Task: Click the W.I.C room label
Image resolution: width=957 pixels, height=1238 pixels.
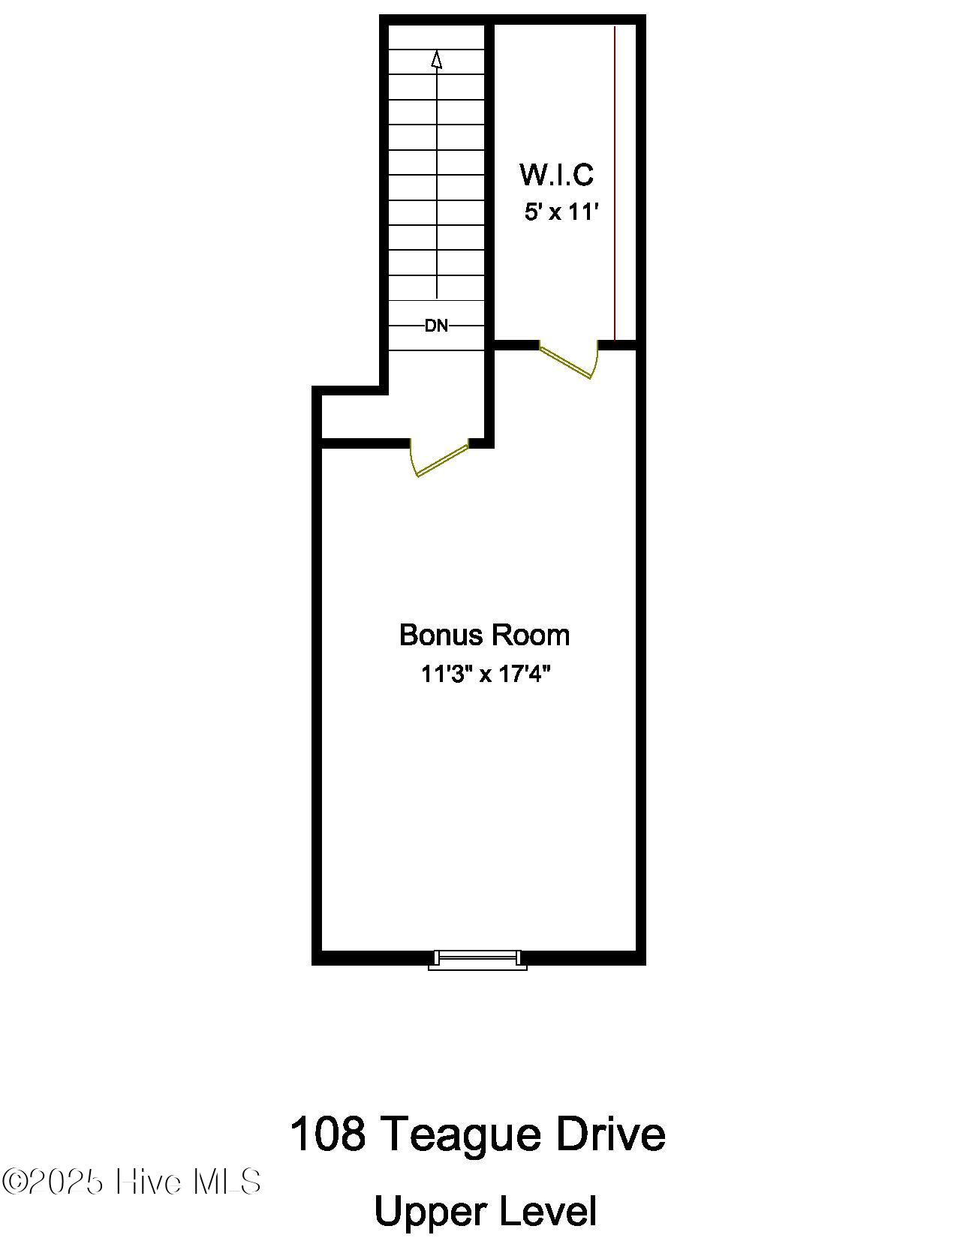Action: click(556, 175)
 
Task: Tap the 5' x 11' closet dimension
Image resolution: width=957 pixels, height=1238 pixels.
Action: click(561, 212)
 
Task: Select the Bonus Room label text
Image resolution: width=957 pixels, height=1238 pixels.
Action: click(484, 635)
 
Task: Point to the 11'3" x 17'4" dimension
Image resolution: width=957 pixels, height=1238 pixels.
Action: click(486, 674)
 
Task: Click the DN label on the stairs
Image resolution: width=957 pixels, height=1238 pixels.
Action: click(436, 326)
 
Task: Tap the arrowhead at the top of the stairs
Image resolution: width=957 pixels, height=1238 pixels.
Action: click(437, 59)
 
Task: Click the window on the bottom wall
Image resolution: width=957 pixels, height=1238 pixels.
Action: click(477, 959)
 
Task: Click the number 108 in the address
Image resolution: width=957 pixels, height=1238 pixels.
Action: click(327, 1134)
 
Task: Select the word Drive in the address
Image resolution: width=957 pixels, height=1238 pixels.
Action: click(610, 1134)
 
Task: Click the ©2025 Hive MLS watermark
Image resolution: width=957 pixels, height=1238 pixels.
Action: click(131, 1182)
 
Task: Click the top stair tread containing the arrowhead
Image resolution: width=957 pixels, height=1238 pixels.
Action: click(437, 62)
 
